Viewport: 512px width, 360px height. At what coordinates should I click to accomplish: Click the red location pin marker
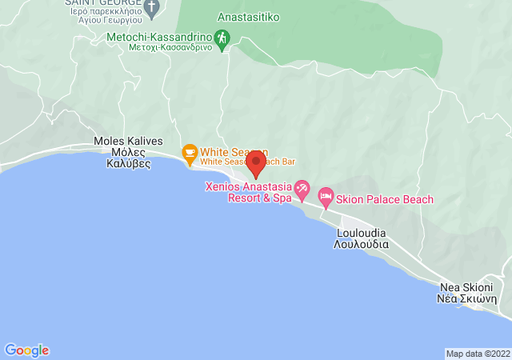[x=256, y=164]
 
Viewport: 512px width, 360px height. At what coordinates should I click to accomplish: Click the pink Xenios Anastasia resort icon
[x=302, y=190]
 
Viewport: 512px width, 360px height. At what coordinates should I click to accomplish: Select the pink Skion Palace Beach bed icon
[x=326, y=196]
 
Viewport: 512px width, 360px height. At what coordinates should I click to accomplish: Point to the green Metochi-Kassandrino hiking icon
[x=223, y=37]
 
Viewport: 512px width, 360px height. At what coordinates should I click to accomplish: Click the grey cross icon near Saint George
[x=152, y=7]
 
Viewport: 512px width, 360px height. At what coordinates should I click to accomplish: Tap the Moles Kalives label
[x=128, y=141]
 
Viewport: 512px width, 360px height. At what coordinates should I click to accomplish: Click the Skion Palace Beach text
[x=385, y=199]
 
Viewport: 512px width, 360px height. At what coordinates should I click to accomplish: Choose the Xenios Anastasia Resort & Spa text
[x=249, y=192]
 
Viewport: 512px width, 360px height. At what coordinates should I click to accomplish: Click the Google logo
[x=26, y=350]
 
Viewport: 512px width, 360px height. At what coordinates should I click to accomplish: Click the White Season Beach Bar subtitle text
[x=234, y=162]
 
